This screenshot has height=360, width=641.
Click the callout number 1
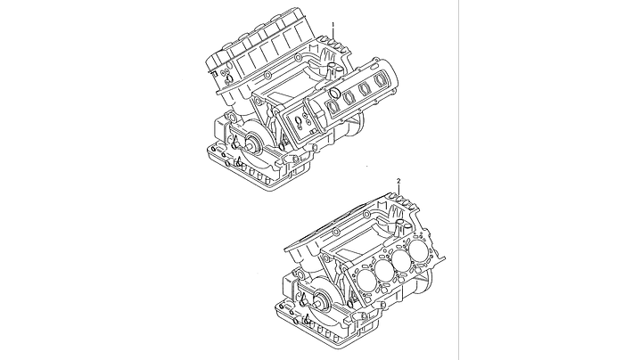point(333,25)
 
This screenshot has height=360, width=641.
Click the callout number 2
point(399,181)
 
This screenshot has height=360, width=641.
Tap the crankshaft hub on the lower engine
point(323,301)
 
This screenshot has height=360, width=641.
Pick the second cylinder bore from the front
point(383,269)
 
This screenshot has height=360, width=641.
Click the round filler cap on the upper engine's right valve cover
point(334,94)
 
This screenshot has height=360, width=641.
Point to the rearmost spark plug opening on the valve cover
point(382,79)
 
